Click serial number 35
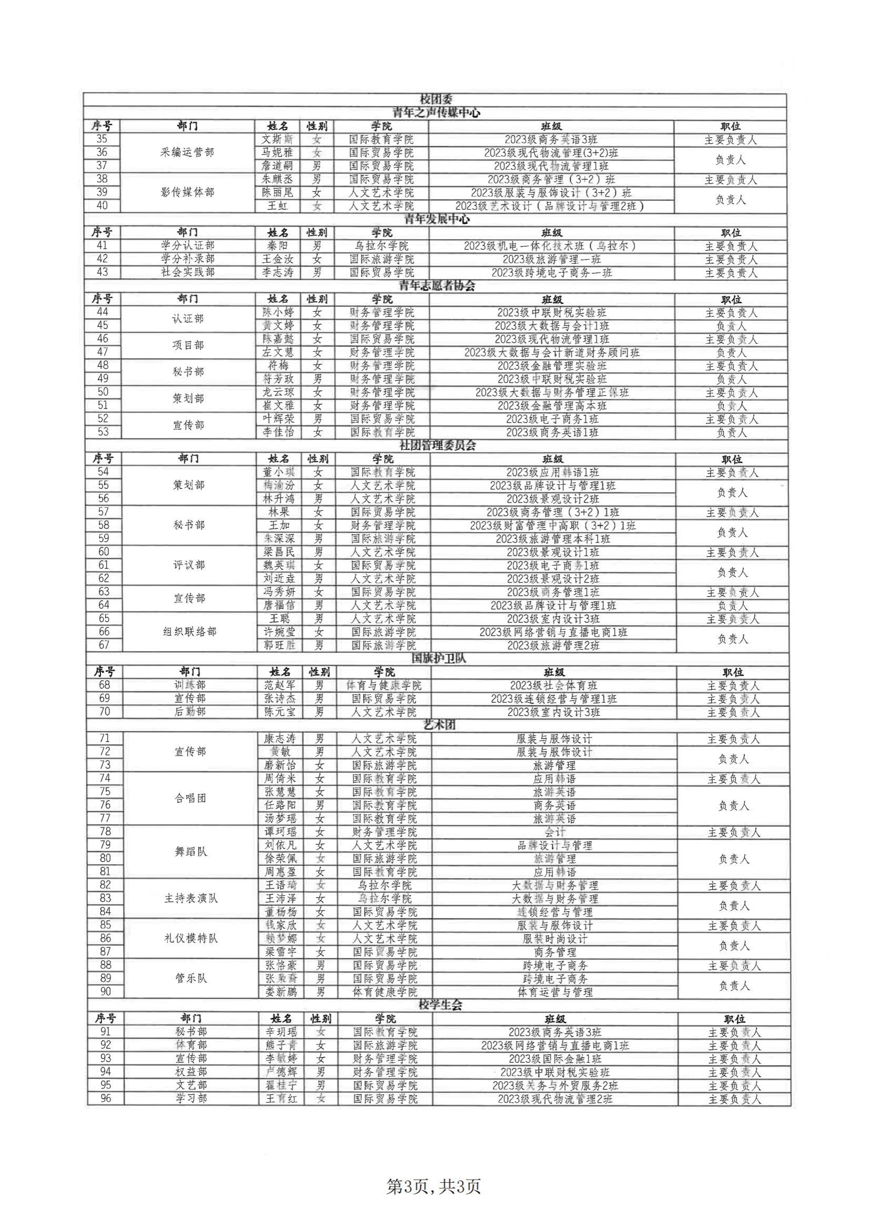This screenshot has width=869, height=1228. coord(102,139)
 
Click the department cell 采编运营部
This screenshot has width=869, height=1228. coord(187,152)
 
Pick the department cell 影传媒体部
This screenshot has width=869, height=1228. coord(187,192)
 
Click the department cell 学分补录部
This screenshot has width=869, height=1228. coord(187,259)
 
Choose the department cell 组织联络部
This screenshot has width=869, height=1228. coord(190,632)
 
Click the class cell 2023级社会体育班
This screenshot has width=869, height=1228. coord(554,685)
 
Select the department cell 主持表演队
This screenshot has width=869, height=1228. coord(191,898)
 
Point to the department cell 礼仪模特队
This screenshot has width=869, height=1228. coord(191,939)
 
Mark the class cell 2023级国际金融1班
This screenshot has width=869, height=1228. coord(555,1058)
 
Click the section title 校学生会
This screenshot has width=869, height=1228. coord(440,1005)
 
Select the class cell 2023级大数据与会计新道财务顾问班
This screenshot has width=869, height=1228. coord(552,352)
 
